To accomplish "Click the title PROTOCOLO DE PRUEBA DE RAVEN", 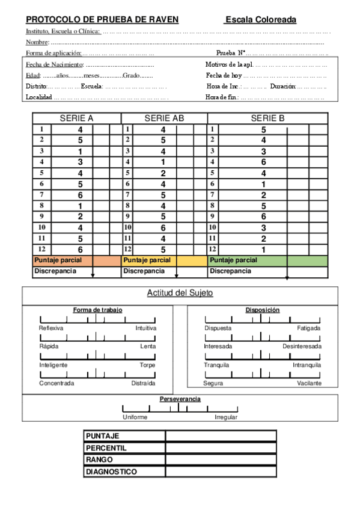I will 102,20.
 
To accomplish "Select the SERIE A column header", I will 76,118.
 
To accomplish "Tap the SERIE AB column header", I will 164,118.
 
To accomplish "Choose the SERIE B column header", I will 267,118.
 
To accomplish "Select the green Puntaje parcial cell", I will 267,260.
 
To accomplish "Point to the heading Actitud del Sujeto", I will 180,293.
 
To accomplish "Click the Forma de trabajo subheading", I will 97,310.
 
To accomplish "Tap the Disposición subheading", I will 262,310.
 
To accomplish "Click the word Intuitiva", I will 145,328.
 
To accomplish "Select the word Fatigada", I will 309,328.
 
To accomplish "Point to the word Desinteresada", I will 302,346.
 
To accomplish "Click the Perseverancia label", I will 180,399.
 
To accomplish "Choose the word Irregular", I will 226,417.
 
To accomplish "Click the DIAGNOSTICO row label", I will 111,472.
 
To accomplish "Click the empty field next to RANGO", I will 221,459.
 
